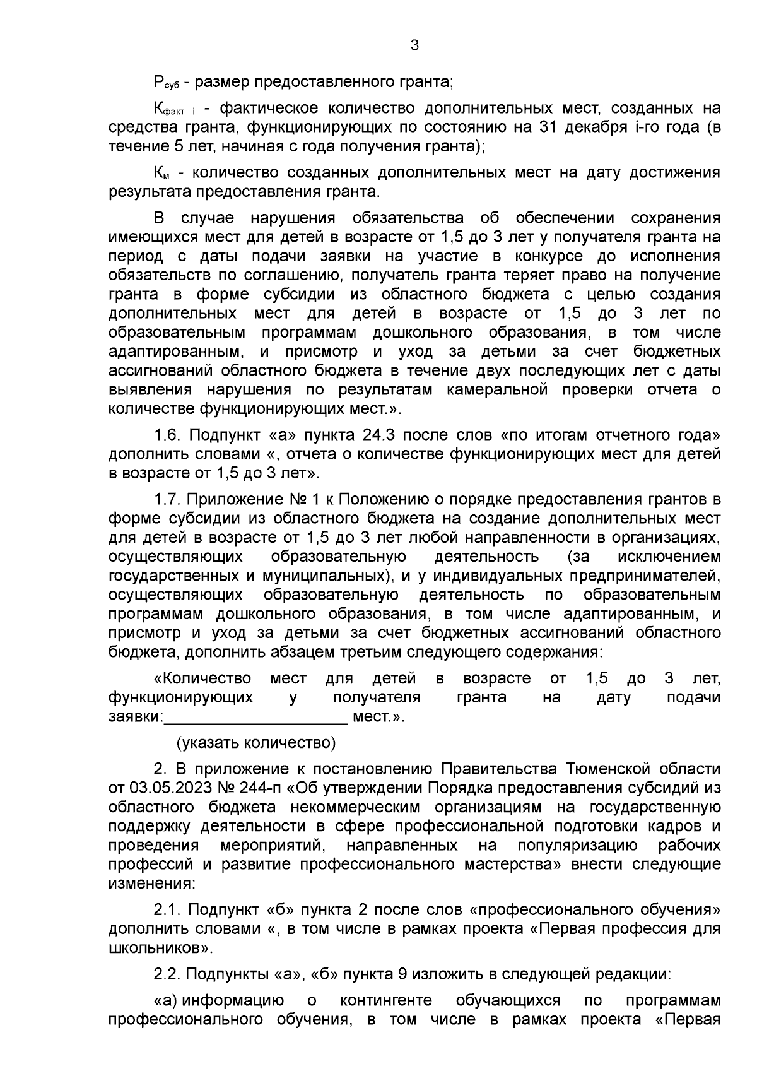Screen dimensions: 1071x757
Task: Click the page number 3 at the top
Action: (414, 45)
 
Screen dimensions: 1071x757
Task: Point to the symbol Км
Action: (163, 174)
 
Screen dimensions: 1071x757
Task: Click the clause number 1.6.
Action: (168, 435)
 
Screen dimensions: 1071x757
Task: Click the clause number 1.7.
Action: (168, 499)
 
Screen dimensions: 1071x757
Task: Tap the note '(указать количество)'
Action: (256, 742)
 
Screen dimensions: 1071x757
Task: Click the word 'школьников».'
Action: (160, 947)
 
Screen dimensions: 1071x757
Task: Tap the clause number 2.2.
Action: (168, 974)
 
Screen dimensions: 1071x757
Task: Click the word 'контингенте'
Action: (386, 1000)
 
